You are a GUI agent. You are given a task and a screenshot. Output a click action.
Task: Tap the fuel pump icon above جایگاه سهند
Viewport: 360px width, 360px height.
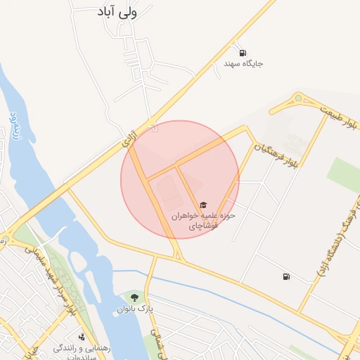[x=243, y=53]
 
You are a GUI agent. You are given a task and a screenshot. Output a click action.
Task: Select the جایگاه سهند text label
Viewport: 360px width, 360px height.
[x=243, y=64]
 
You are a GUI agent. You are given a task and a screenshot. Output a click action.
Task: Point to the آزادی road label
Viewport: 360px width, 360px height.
[x=129, y=139]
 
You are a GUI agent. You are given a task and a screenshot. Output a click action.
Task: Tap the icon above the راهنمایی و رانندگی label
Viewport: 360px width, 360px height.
[x=82, y=337]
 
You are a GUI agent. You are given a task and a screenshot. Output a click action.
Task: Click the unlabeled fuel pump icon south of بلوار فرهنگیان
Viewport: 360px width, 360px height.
[x=285, y=276]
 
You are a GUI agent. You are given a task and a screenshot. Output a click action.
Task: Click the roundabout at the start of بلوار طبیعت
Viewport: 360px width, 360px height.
[x=298, y=98]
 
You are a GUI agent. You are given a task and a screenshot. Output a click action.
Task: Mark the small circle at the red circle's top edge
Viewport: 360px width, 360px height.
[x=155, y=127]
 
